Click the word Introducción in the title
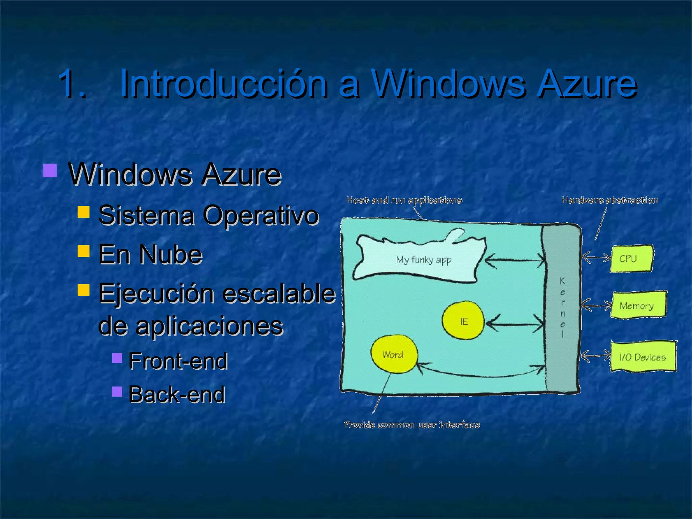(x=223, y=84)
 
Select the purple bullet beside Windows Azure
(x=50, y=171)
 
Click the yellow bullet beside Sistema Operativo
(x=83, y=212)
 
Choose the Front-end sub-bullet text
(x=178, y=361)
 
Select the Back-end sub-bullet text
(x=177, y=394)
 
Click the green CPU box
(x=631, y=258)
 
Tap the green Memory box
(x=638, y=305)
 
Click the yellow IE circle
(x=464, y=321)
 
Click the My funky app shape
(x=422, y=259)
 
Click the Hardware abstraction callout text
(x=610, y=200)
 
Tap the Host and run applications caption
(x=404, y=200)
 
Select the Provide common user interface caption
(x=412, y=425)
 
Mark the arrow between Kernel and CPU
(x=596, y=258)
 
